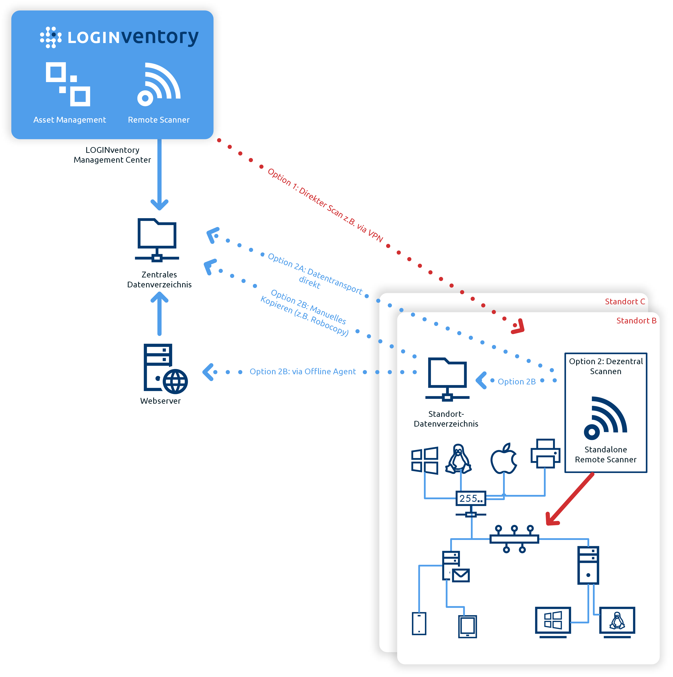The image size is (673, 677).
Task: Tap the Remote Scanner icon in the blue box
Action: [x=159, y=84]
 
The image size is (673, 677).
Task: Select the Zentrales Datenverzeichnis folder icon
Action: [x=157, y=240]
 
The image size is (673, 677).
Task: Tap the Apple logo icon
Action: [x=504, y=458]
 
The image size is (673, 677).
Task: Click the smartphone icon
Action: [x=419, y=623]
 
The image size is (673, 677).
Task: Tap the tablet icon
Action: [x=468, y=626]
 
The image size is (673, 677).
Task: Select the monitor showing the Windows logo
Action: [x=553, y=622]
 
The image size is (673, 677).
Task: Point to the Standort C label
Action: [x=625, y=301]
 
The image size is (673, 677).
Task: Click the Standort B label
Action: [x=636, y=321]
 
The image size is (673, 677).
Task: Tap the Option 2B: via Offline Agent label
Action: [x=302, y=371]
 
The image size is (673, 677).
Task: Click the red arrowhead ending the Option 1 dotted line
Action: [x=519, y=327]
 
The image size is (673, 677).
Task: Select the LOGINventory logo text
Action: [x=133, y=37]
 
